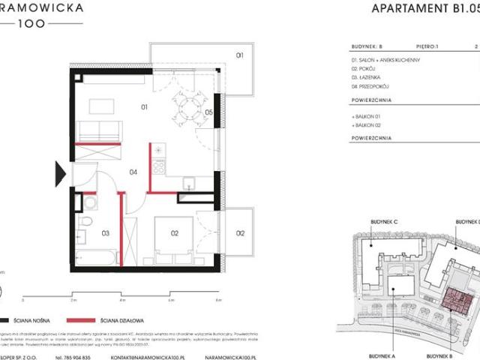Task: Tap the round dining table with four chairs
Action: pyautogui.click(x=184, y=109)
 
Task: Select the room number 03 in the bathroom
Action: pyautogui.click(x=106, y=233)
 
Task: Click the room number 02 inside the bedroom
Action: pyautogui.click(x=175, y=233)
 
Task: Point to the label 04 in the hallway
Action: pyautogui.click(x=133, y=172)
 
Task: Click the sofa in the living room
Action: pyautogui.click(x=98, y=130)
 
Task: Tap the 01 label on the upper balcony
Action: pyautogui.click(x=240, y=55)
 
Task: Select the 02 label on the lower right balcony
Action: pyautogui.click(x=240, y=234)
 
